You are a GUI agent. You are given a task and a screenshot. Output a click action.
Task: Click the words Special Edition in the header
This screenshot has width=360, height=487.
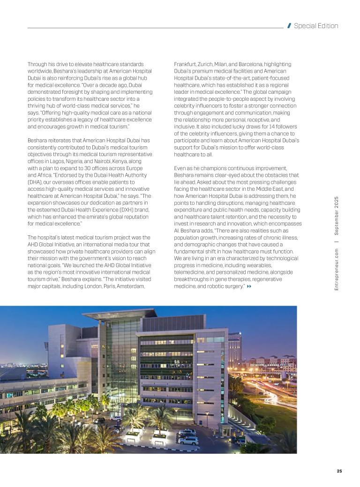coord(315,26)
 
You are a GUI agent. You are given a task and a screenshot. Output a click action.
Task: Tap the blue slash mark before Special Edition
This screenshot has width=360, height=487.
coord(289,26)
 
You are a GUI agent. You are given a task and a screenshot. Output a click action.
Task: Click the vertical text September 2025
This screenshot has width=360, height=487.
coord(337,216)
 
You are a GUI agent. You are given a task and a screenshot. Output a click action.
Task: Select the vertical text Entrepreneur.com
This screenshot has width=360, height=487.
coord(337,270)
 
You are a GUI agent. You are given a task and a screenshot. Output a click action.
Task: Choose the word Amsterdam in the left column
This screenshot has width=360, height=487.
coord(131,286)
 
